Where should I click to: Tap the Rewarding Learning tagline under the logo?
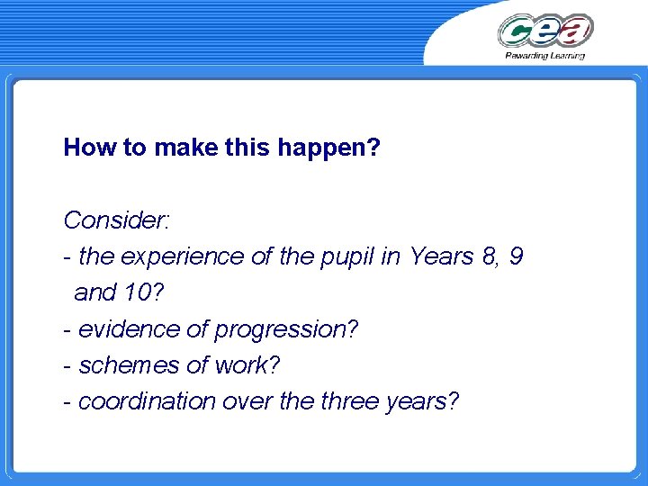click(544, 56)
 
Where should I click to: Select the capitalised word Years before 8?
click(440, 256)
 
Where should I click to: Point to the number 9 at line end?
click(515, 256)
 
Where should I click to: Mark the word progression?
click(286, 330)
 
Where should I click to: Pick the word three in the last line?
click(349, 401)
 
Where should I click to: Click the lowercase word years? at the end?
click(422, 402)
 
